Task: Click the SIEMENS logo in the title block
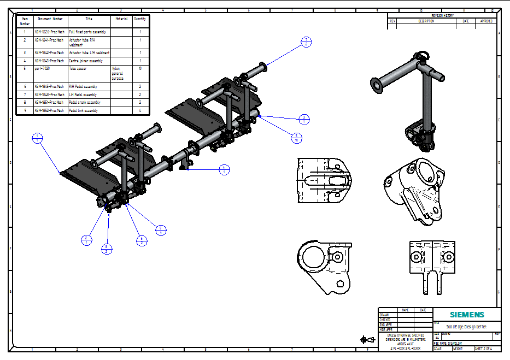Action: click(466, 315)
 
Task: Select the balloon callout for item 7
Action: click(307, 42)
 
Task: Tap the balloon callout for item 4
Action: click(224, 169)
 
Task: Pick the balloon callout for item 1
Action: click(37, 138)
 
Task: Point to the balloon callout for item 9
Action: click(161, 230)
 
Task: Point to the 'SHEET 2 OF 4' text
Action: click(486, 349)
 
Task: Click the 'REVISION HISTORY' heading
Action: click(443, 16)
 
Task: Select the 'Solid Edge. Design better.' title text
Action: click(466, 327)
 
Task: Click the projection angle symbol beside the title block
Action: click(367, 340)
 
